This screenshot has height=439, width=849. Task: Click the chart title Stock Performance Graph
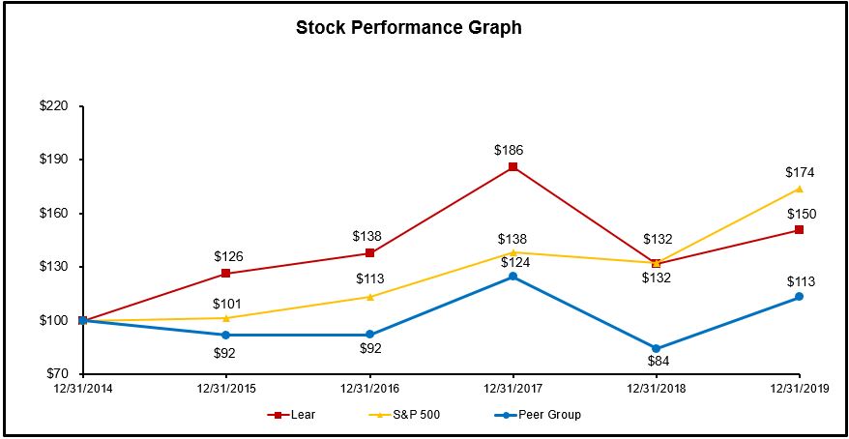(408, 28)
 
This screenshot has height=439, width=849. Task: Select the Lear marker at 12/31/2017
(512, 167)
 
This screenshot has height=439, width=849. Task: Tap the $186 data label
(512, 150)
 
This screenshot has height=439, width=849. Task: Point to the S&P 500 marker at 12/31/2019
(799, 189)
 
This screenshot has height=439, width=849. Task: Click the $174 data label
(801, 172)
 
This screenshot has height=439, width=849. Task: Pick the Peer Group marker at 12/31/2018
(656, 348)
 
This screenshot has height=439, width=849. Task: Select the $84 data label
(657, 362)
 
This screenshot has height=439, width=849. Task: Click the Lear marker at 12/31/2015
(226, 274)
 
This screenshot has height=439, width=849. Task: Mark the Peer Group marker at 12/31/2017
(512, 277)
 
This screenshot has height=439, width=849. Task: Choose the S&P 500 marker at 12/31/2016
(369, 297)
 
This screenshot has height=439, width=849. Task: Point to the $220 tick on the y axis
(53, 106)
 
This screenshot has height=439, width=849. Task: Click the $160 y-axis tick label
(53, 213)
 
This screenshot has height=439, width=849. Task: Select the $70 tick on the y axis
(56, 373)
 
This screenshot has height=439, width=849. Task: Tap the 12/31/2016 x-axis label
(369, 388)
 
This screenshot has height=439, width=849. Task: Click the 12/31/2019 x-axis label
(799, 388)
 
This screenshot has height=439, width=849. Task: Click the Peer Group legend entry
(537, 415)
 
